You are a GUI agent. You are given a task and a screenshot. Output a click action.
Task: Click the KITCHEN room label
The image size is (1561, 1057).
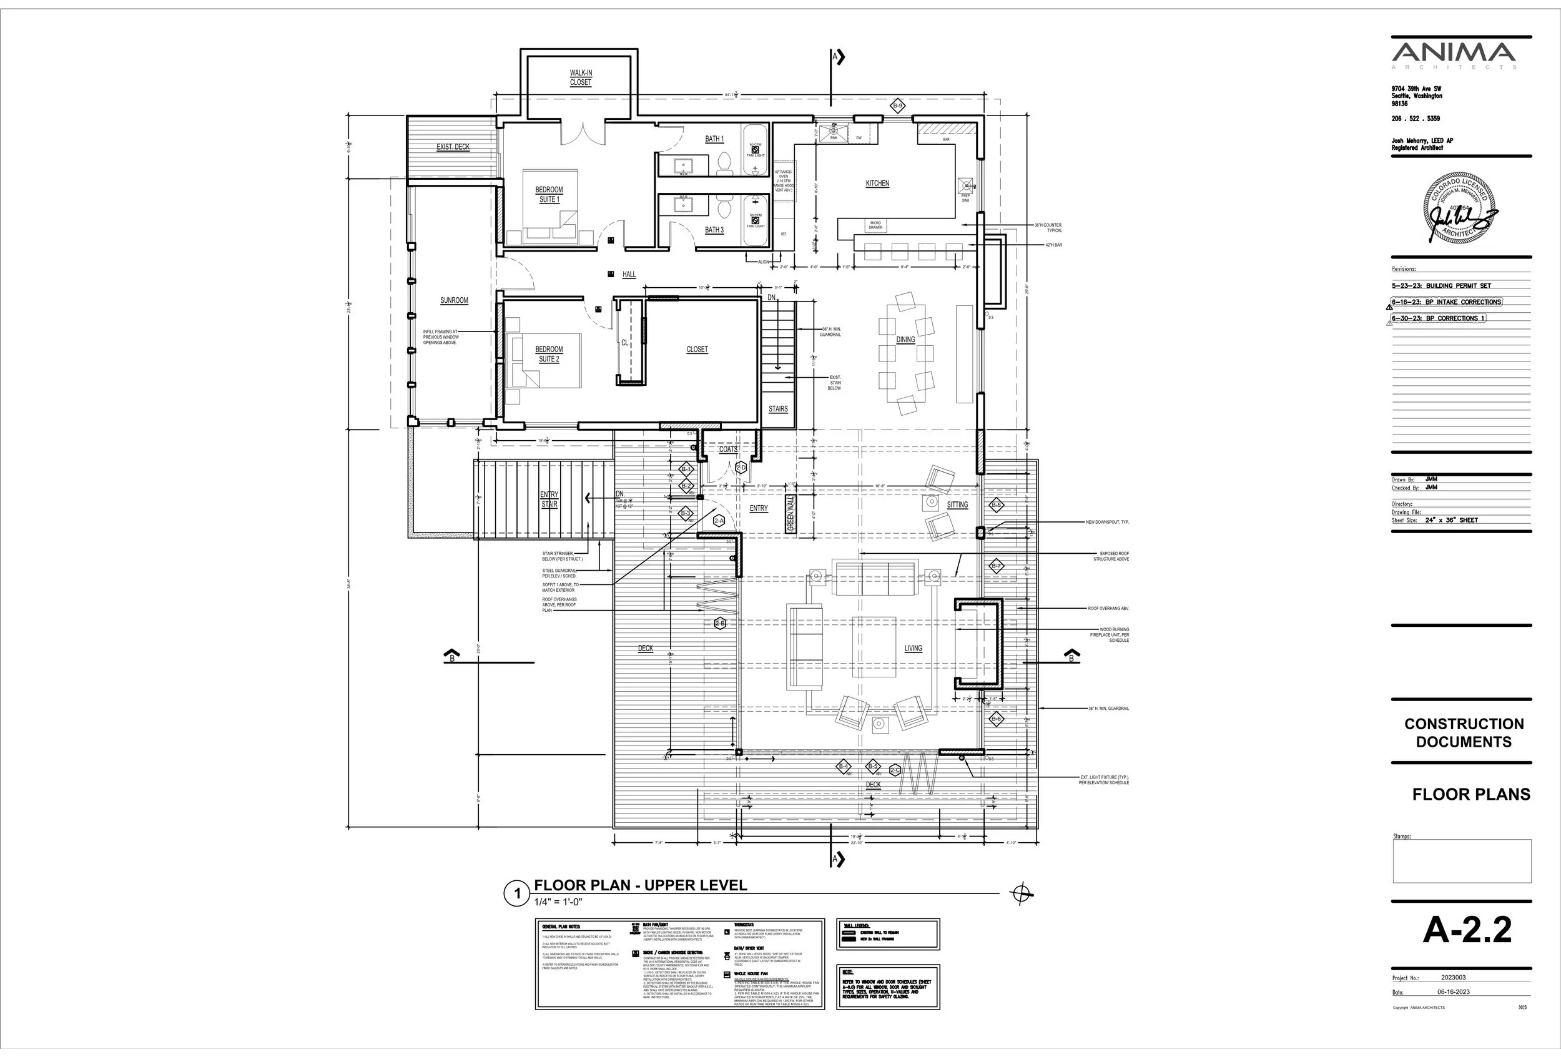coord(877,184)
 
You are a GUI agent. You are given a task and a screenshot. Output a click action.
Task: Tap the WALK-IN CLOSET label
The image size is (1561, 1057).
coord(581,78)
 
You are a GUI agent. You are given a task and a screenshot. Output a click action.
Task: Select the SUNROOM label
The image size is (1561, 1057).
coord(454,301)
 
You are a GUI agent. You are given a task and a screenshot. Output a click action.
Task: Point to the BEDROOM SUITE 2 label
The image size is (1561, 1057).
coord(549,354)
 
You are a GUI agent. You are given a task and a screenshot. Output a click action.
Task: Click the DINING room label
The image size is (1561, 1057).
coord(905,340)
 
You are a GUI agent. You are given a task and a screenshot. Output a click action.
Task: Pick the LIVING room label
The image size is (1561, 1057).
coord(913,649)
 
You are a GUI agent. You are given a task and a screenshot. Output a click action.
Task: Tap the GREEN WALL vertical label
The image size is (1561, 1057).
coord(790,514)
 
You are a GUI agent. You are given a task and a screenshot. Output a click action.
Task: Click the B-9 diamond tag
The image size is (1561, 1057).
coord(898,106)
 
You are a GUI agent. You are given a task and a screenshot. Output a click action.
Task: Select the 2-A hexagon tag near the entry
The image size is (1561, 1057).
coord(719,521)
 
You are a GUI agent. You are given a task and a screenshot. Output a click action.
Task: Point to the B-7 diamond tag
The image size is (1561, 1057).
coord(997,566)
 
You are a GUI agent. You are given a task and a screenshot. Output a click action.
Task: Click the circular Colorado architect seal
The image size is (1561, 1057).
coord(1458,208)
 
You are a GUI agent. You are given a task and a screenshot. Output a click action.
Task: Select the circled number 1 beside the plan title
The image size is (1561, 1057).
coord(517,894)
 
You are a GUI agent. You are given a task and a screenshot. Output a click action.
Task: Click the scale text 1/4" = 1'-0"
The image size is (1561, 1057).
coord(558,902)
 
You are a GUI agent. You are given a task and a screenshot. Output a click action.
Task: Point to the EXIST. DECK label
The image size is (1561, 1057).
coord(453,147)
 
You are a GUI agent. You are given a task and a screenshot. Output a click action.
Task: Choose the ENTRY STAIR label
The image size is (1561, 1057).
coord(549,499)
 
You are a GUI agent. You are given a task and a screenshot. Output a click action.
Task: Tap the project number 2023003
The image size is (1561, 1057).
coord(1454,978)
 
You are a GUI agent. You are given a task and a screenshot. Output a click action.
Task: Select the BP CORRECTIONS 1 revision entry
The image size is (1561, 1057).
coord(1438,318)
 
